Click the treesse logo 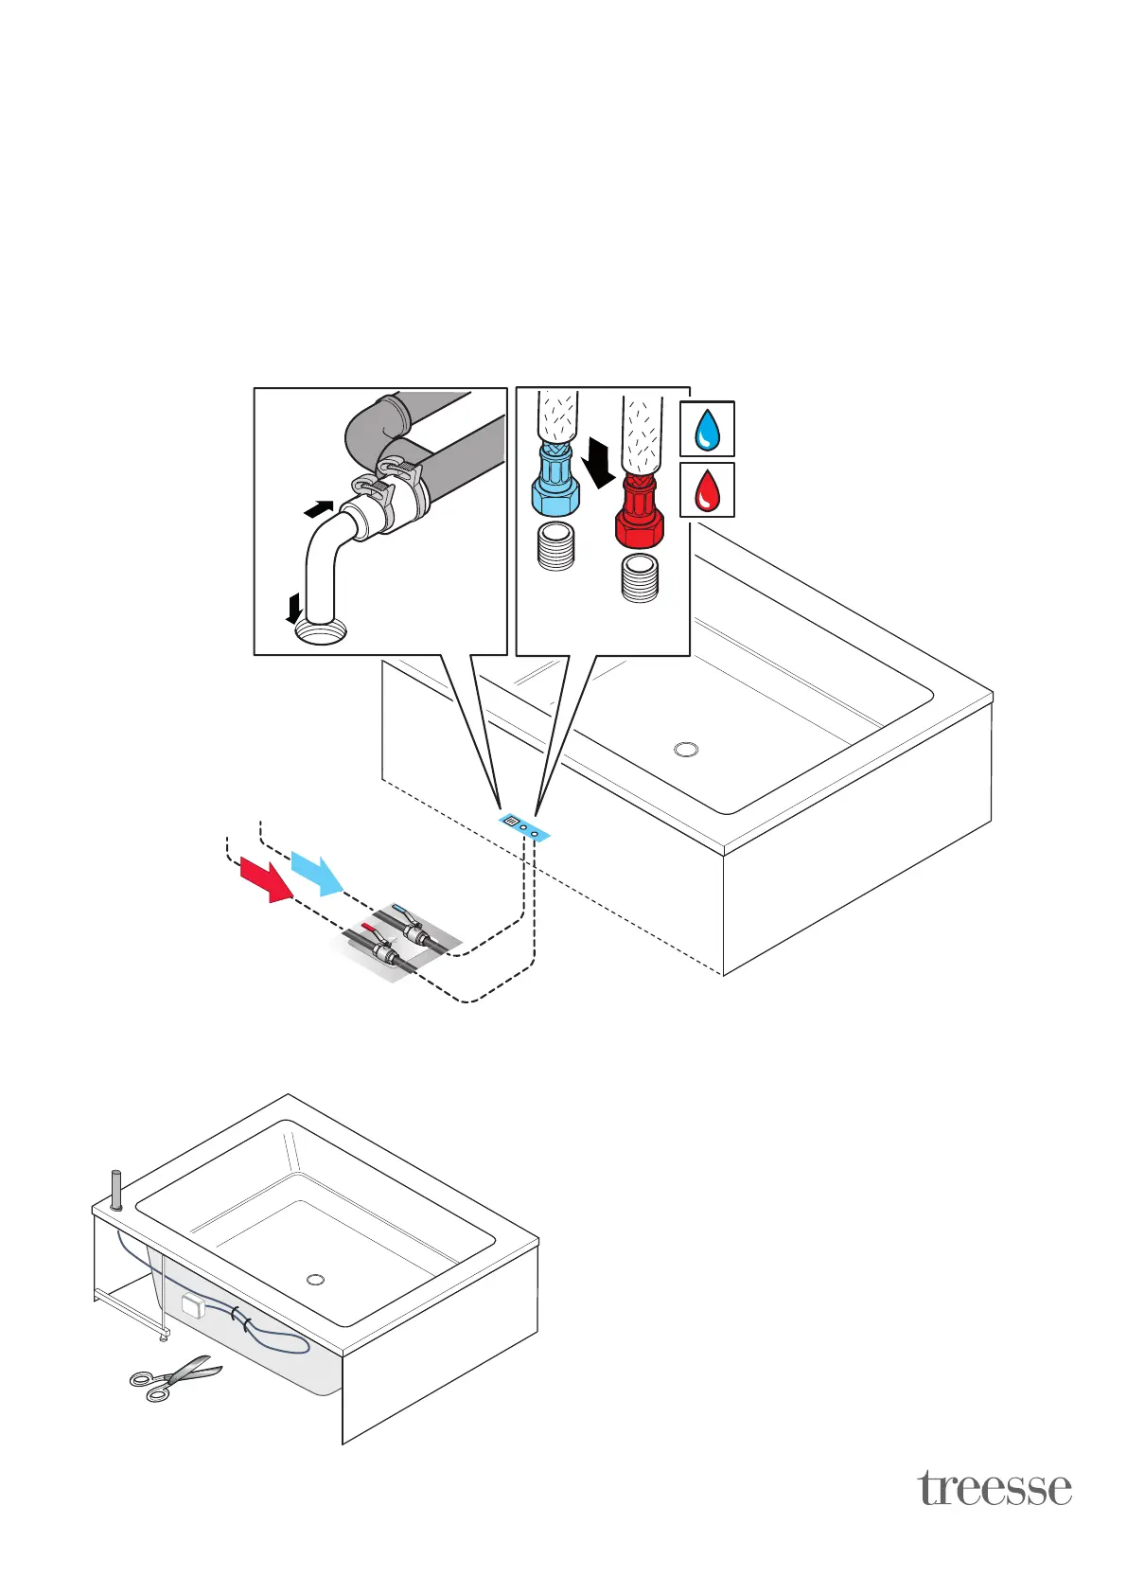point(994,1488)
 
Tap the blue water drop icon point(707,430)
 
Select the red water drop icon point(707,490)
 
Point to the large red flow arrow point(268,879)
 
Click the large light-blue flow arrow point(318,873)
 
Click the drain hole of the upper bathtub point(686,750)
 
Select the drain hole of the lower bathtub point(316,1280)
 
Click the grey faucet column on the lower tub point(116,1191)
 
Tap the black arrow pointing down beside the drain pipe point(295,607)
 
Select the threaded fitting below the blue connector point(555,547)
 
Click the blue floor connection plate point(523,825)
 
